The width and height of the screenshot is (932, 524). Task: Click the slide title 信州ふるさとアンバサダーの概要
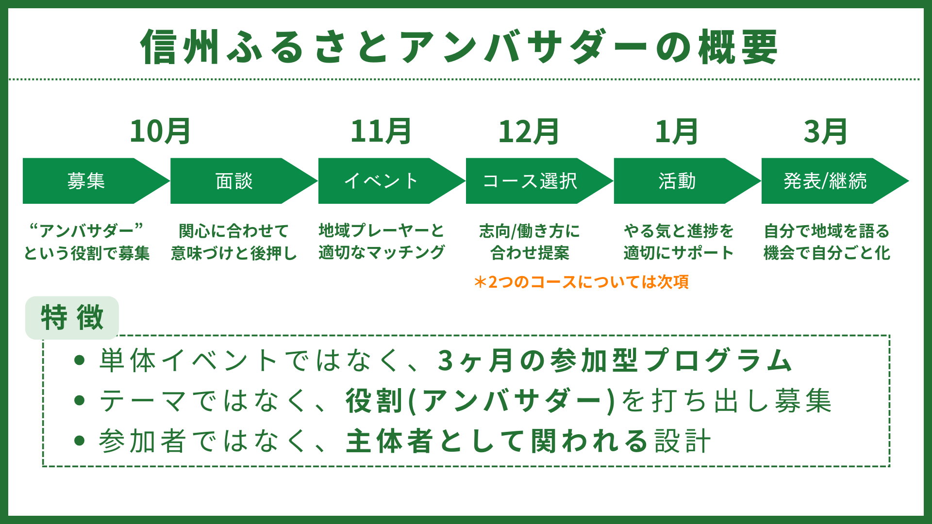click(x=459, y=47)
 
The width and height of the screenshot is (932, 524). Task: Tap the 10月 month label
click(x=160, y=132)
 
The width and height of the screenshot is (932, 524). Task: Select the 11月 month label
click(x=381, y=132)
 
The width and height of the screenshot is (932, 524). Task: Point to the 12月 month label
click(x=529, y=132)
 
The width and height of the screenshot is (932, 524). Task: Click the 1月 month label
click(x=676, y=132)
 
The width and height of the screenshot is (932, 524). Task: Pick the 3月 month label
click(x=825, y=132)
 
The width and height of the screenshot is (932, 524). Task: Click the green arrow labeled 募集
click(x=86, y=181)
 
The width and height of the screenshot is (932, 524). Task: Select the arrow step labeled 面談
click(x=234, y=181)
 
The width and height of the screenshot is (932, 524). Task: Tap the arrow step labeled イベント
click(x=382, y=181)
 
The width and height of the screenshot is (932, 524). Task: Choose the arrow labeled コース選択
click(x=530, y=181)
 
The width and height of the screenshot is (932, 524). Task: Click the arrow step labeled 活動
click(x=677, y=181)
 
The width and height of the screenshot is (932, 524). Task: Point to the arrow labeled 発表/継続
click(x=825, y=181)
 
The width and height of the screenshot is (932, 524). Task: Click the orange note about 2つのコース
click(x=581, y=282)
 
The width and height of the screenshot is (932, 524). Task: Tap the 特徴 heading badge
click(x=72, y=318)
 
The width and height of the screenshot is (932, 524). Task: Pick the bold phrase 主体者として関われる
click(x=497, y=441)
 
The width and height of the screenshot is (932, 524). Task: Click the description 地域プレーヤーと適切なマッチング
click(x=382, y=242)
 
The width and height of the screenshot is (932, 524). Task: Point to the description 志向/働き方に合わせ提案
click(x=530, y=242)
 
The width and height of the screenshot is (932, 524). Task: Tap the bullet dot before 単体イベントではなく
click(x=80, y=360)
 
